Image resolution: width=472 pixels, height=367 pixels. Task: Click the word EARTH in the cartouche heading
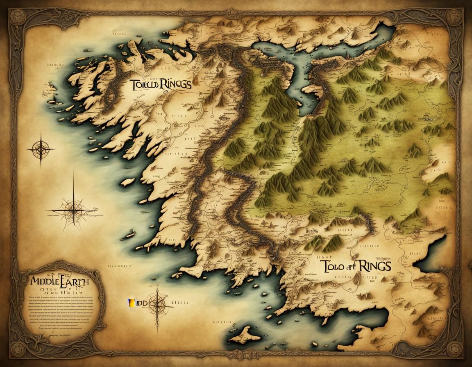tap(73, 283)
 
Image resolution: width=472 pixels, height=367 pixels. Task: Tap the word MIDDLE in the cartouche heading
tap(44, 283)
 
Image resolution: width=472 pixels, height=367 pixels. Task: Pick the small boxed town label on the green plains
tap(428, 120)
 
